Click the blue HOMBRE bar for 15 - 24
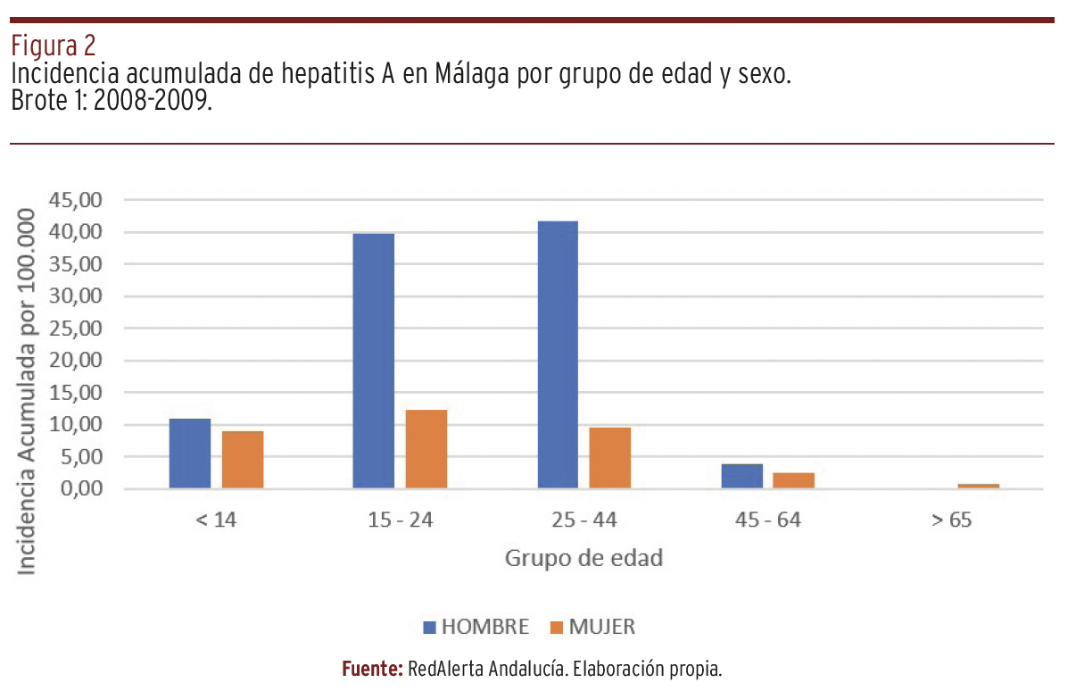click(373, 361)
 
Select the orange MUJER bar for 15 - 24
click(426, 449)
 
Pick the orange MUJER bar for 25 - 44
click(610, 458)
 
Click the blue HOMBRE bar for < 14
click(190, 454)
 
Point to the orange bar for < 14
click(243, 460)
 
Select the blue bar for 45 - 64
click(741, 476)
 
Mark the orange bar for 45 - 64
click(794, 480)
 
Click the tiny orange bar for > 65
click(978, 486)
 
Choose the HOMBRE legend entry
click(476, 627)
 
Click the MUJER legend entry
click(592, 627)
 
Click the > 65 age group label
click(952, 520)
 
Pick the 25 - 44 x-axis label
click(584, 520)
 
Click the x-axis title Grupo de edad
click(584, 559)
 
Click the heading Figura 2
click(53, 45)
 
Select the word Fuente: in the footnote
click(373, 669)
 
